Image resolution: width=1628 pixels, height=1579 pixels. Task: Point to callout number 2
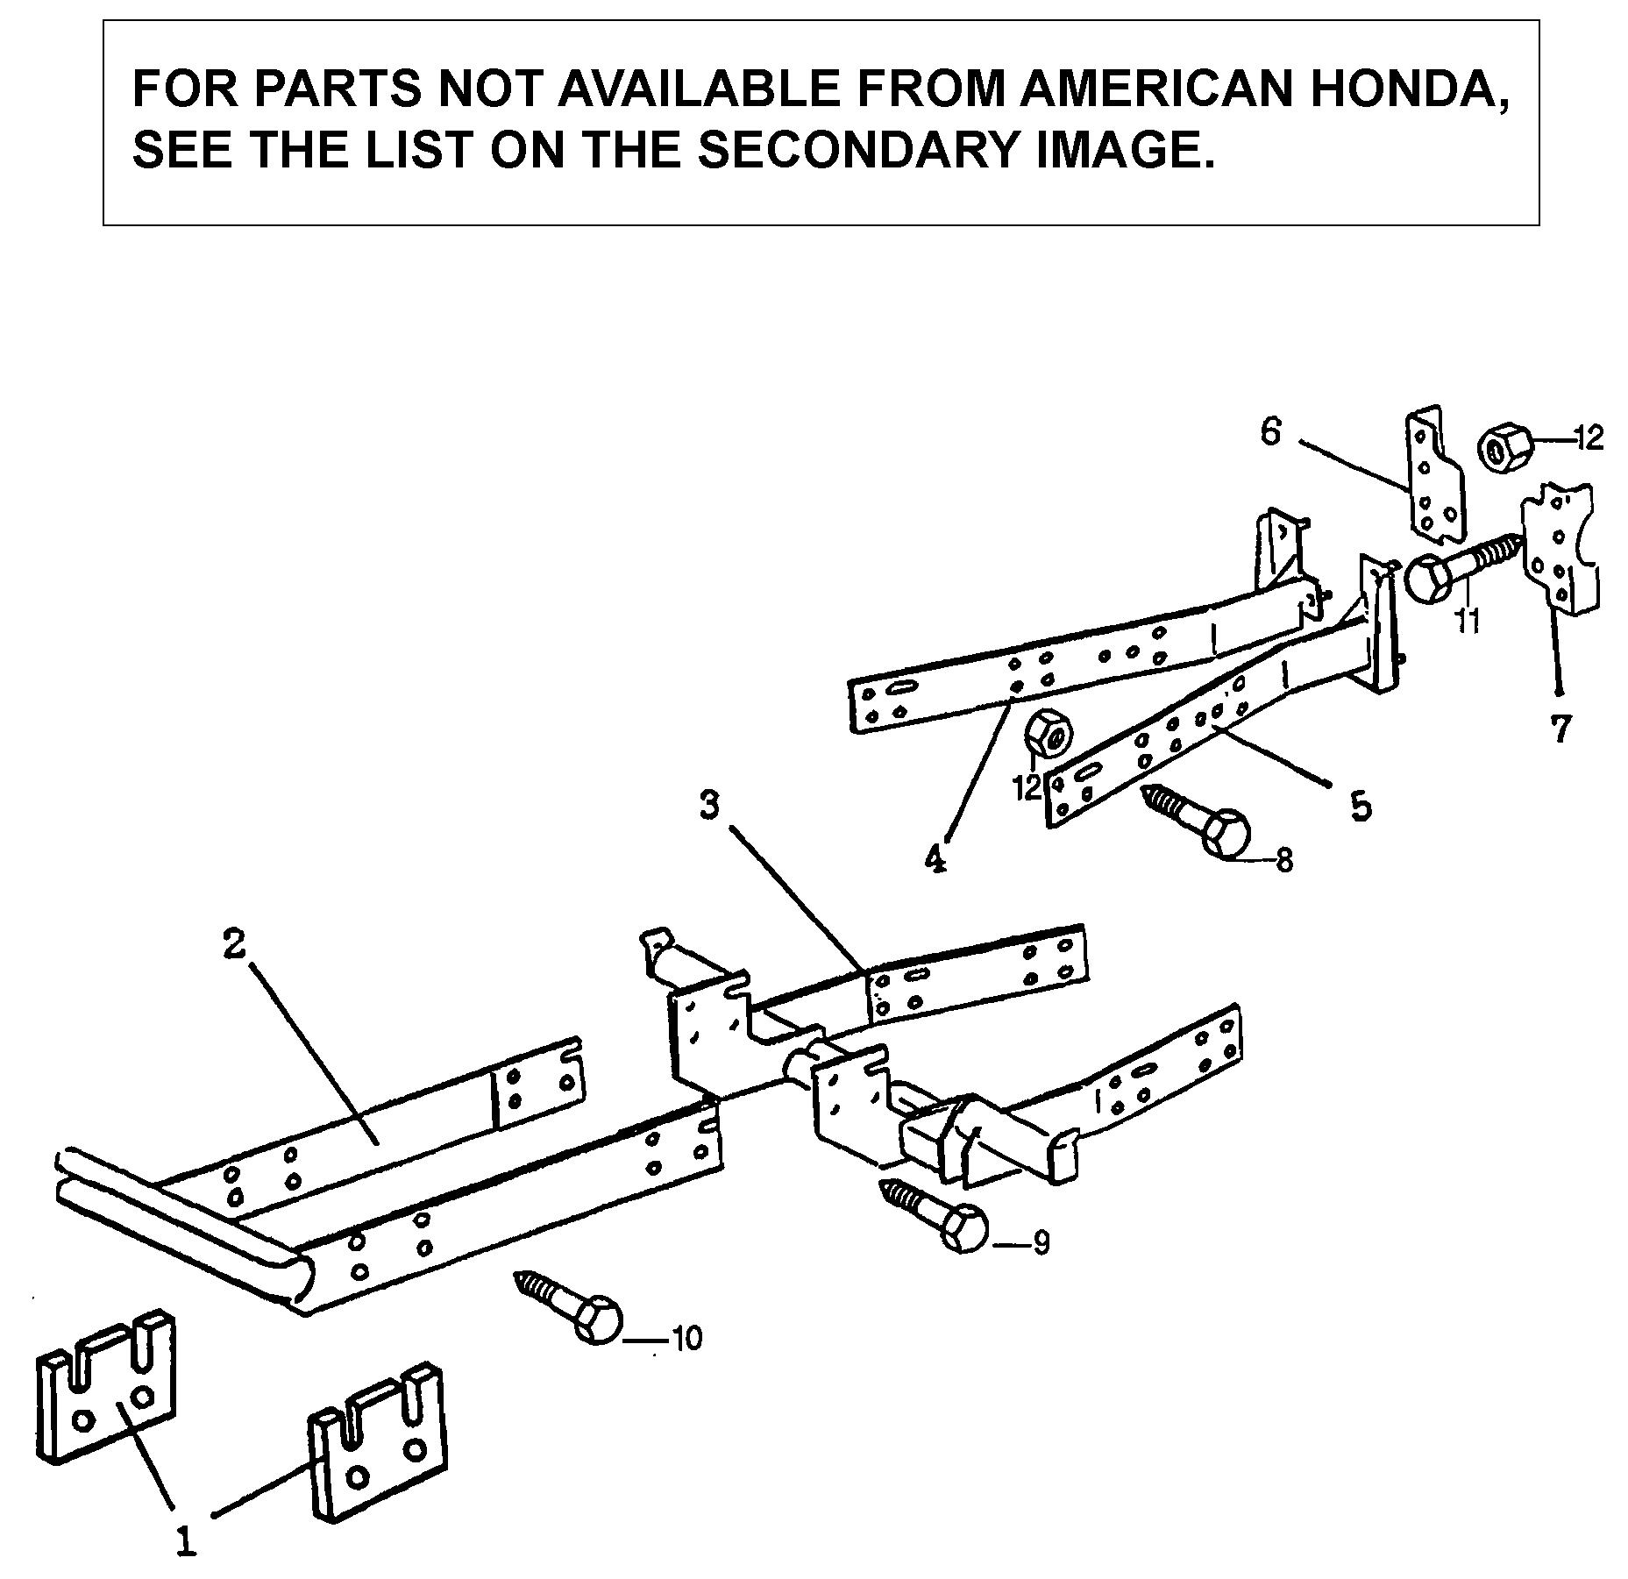[x=233, y=945]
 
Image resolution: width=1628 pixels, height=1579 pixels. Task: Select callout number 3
[x=710, y=805]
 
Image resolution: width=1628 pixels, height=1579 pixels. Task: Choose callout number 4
[x=935, y=858]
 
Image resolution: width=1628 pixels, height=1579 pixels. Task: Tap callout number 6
[x=1271, y=431]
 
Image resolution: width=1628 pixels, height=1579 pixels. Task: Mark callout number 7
[x=1560, y=729]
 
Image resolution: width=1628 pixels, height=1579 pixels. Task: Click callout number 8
[x=1284, y=860]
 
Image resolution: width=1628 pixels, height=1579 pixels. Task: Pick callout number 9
[x=1041, y=1243]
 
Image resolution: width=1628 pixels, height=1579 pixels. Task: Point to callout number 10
[x=687, y=1338]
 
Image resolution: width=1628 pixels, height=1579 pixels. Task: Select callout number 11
[x=1467, y=619]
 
